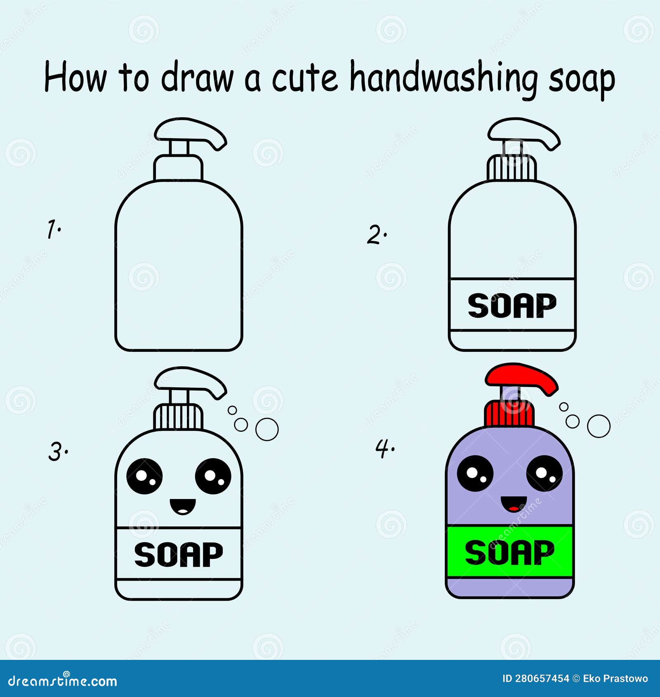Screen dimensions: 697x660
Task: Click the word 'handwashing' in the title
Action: [x=443, y=78]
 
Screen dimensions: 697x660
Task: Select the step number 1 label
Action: [x=53, y=229]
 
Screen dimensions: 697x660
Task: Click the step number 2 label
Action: [x=376, y=235]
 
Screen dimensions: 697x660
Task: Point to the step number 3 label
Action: [x=57, y=452]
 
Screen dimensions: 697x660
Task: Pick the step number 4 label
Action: [x=384, y=448]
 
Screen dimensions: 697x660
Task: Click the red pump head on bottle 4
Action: [x=521, y=377]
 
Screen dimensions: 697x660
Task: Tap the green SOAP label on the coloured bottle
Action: [x=510, y=552]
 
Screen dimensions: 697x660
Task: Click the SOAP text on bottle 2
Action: [x=512, y=306]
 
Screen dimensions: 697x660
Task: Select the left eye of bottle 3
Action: [x=144, y=476]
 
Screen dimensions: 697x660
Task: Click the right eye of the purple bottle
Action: [x=544, y=473]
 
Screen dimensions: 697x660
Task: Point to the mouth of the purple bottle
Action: [x=514, y=504]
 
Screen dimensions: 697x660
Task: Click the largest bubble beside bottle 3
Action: [x=267, y=429]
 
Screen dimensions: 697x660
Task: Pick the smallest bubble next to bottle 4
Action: [x=563, y=407]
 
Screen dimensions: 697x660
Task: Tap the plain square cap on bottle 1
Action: [x=178, y=168]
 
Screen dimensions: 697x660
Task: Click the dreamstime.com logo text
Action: [x=62, y=681]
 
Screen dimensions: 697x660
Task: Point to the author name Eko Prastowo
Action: [x=615, y=678]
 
